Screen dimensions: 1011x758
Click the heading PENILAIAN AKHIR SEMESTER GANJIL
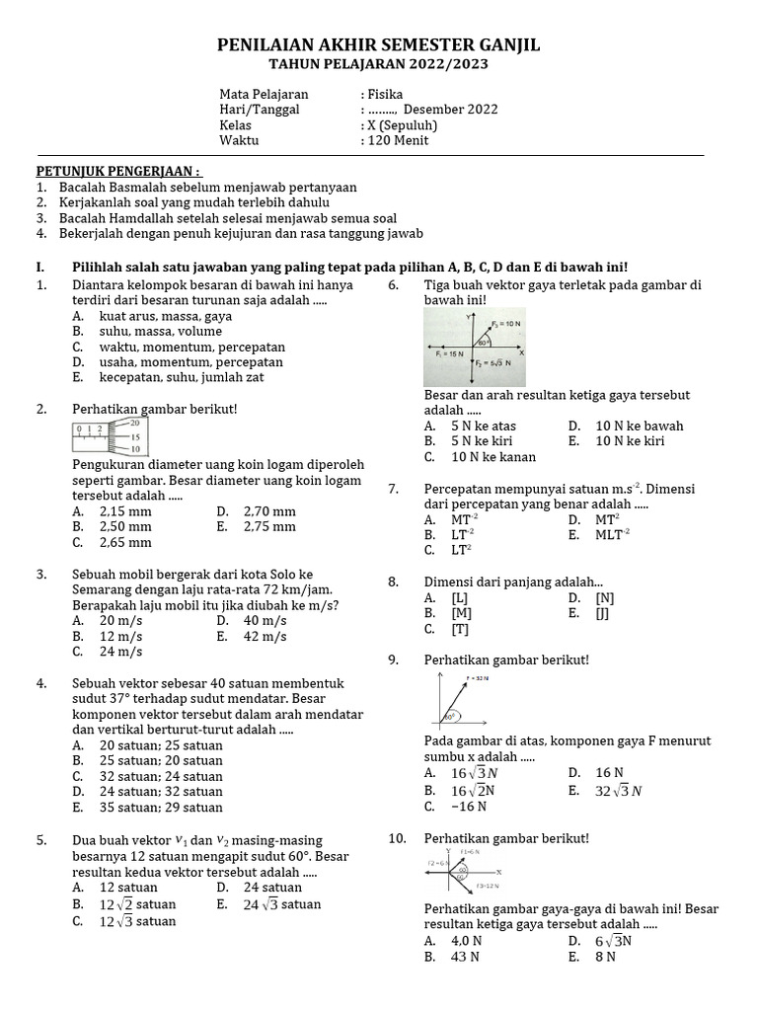(378, 46)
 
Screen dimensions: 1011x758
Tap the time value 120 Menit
(398, 140)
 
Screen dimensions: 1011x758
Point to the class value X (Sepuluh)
(402, 125)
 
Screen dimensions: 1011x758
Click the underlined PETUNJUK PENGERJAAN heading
(118, 171)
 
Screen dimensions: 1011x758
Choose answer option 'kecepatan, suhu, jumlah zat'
(182, 377)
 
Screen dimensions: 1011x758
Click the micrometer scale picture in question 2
(109, 435)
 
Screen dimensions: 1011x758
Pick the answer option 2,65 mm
(125, 542)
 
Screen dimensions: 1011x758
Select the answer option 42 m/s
(265, 637)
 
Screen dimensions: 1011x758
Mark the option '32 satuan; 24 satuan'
(161, 776)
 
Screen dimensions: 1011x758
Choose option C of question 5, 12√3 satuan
(137, 921)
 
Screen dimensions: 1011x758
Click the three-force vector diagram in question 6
(475, 348)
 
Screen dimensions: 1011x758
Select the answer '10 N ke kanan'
(493, 457)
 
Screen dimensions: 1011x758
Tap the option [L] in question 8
(459, 598)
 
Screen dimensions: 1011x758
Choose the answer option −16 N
(469, 807)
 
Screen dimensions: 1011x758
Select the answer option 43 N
(465, 957)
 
